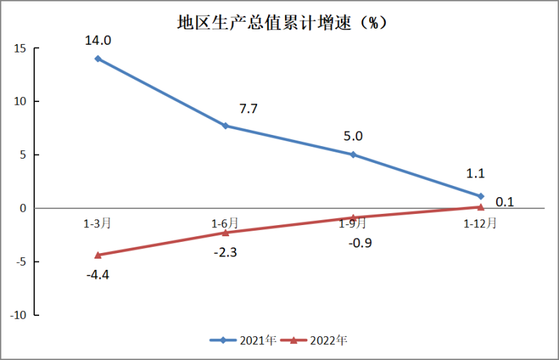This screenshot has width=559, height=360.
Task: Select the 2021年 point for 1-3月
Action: (98, 59)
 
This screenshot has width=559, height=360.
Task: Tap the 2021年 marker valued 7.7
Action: (225, 126)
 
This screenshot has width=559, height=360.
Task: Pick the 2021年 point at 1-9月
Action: (353, 154)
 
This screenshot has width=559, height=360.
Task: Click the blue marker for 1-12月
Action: (481, 196)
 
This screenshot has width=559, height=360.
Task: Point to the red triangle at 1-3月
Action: (98, 255)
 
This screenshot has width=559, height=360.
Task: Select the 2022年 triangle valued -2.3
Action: (225, 232)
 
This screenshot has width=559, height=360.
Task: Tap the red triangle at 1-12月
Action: (481, 207)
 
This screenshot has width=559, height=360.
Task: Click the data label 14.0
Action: (98, 41)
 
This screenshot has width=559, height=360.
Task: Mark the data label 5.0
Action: (354, 136)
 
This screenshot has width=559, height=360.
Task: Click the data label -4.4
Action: (98, 274)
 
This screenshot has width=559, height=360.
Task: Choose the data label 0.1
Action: (505, 203)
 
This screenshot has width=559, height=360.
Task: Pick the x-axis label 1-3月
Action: (97, 224)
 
